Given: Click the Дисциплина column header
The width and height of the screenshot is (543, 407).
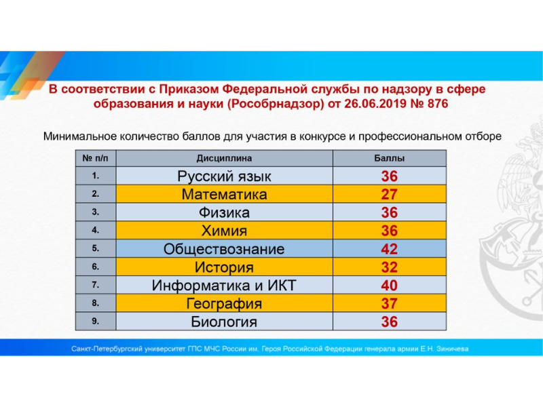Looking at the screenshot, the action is (x=224, y=159).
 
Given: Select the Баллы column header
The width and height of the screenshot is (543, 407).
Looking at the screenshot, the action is (x=389, y=159).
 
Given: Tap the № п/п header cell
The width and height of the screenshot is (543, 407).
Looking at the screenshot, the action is (x=96, y=159).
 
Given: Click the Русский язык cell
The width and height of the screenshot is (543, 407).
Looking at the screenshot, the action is (x=224, y=176).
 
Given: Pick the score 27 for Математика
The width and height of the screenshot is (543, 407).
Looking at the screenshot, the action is (x=389, y=195).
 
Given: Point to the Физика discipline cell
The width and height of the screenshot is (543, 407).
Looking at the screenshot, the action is (x=224, y=212).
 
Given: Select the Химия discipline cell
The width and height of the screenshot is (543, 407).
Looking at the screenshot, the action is (x=224, y=231).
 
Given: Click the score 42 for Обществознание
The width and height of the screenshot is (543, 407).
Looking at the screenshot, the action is (x=389, y=249).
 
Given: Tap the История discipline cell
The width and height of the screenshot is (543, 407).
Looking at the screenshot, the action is (x=224, y=267).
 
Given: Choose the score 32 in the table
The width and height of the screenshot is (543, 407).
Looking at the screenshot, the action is (x=389, y=267).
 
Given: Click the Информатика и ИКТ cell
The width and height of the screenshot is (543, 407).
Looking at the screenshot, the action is (x=224, y=286).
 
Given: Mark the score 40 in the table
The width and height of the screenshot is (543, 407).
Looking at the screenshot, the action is (x=389, y=286).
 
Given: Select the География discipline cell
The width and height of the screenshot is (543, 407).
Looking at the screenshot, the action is (x=224, y=304).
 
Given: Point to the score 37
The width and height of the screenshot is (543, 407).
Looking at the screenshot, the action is (x=389, y=303).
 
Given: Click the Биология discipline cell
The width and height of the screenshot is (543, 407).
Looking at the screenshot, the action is (x=224, y=322).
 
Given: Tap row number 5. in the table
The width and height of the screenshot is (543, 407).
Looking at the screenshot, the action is (x=96, y=248).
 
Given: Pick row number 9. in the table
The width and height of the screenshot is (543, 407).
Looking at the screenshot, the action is (x=96, y=321).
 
